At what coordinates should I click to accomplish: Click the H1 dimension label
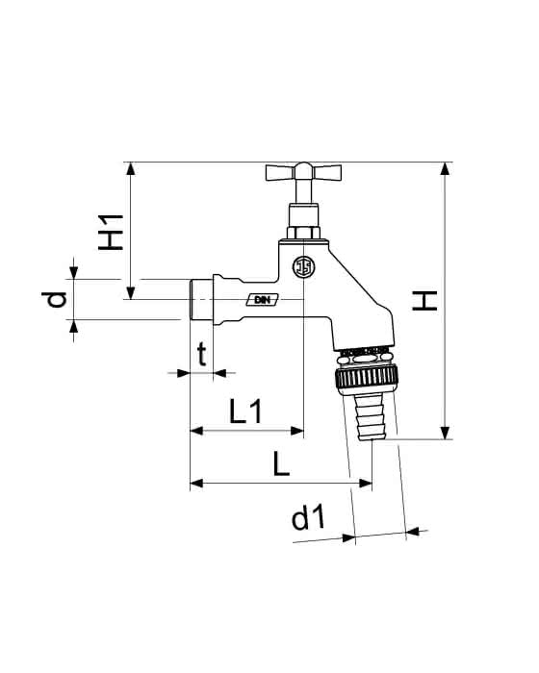point(111,233)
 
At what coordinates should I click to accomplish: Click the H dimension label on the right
point(424,300)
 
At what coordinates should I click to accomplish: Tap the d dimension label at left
point(54,300)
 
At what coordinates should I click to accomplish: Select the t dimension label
point(202,355)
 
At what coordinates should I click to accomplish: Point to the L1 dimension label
point(245,411)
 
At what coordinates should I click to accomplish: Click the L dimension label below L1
point(282,464)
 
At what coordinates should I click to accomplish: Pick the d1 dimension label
point(309,517)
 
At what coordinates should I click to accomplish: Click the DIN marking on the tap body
point(262,300)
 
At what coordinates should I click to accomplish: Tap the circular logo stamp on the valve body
point(303,267)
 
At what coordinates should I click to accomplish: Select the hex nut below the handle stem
point(303,233)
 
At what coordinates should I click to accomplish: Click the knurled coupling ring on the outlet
point(367,377)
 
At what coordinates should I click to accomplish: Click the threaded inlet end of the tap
point(201,300)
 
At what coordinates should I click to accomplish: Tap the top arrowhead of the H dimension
point(446,168)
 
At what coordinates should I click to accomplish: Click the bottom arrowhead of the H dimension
point(446,433)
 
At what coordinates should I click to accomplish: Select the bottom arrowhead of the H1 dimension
point(131,292)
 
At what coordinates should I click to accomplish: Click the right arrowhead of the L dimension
point(366,484)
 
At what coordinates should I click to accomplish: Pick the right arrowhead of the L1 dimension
point(297,431)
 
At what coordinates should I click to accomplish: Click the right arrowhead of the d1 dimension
point(413,532)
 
